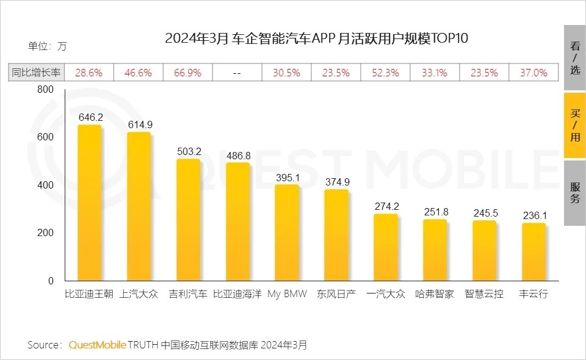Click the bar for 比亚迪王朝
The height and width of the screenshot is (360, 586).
89,203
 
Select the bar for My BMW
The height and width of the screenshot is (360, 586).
287,232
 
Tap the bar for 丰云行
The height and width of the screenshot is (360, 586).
534,251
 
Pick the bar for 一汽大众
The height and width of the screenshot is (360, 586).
386,247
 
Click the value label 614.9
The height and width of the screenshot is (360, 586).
140,124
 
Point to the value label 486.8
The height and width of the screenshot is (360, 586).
238,156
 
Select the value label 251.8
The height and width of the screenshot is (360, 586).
436,212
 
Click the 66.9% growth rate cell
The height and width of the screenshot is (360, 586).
187,73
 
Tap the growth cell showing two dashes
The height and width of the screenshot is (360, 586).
237,73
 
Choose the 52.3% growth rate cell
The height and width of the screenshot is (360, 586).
385,73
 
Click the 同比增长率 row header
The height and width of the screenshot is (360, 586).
36,73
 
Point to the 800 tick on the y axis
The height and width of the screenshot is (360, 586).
46,90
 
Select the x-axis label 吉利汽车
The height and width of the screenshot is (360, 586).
187,293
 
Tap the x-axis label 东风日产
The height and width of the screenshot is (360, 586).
336,293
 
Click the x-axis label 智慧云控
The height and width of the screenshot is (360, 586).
484,293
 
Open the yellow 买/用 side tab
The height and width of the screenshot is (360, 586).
574,125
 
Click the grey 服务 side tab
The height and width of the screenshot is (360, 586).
574,193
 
